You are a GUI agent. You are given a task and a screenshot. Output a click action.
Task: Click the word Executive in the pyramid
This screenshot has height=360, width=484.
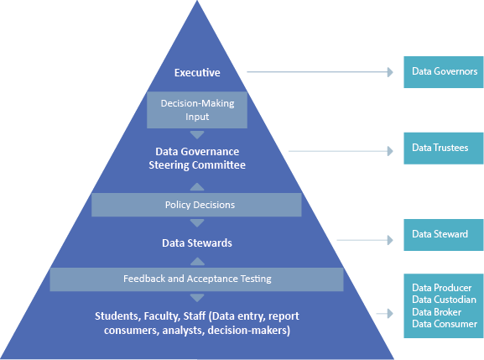click(x=196, y=73)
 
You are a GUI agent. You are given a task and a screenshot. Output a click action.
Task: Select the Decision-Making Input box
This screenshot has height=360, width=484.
click(x=196, y=109)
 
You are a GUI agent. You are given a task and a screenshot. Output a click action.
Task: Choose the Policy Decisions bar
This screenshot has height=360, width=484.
click(x=196, y=205)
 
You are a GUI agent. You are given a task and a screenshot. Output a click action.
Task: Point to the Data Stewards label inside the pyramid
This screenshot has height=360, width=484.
click(x=196, y=243)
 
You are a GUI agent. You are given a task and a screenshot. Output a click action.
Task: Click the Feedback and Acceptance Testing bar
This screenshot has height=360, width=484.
click(x=196, y=279)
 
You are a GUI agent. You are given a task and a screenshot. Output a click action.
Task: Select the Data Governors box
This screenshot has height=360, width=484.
click(x=444, y=72)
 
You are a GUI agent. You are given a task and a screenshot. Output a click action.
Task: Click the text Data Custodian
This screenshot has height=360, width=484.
click(x=444, y=300)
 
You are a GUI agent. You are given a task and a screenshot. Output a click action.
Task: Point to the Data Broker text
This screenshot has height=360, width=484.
click(x=436, y=312)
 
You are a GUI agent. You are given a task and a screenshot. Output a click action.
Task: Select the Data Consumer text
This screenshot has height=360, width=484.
click(x=444, y=324)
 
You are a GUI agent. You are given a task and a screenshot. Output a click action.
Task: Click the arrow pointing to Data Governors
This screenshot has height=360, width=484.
click(x=319, y=72)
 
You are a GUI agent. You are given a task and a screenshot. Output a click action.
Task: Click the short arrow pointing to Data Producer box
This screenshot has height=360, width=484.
click(x=386, y=314)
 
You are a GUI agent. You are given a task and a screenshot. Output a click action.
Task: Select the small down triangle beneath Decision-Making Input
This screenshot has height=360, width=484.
click(x=196, y=134)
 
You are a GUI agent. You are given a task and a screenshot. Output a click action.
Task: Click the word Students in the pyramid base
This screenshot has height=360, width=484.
click(x=115, y=316)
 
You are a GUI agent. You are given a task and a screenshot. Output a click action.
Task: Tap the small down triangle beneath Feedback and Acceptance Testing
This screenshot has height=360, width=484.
click(x=196, y=297)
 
